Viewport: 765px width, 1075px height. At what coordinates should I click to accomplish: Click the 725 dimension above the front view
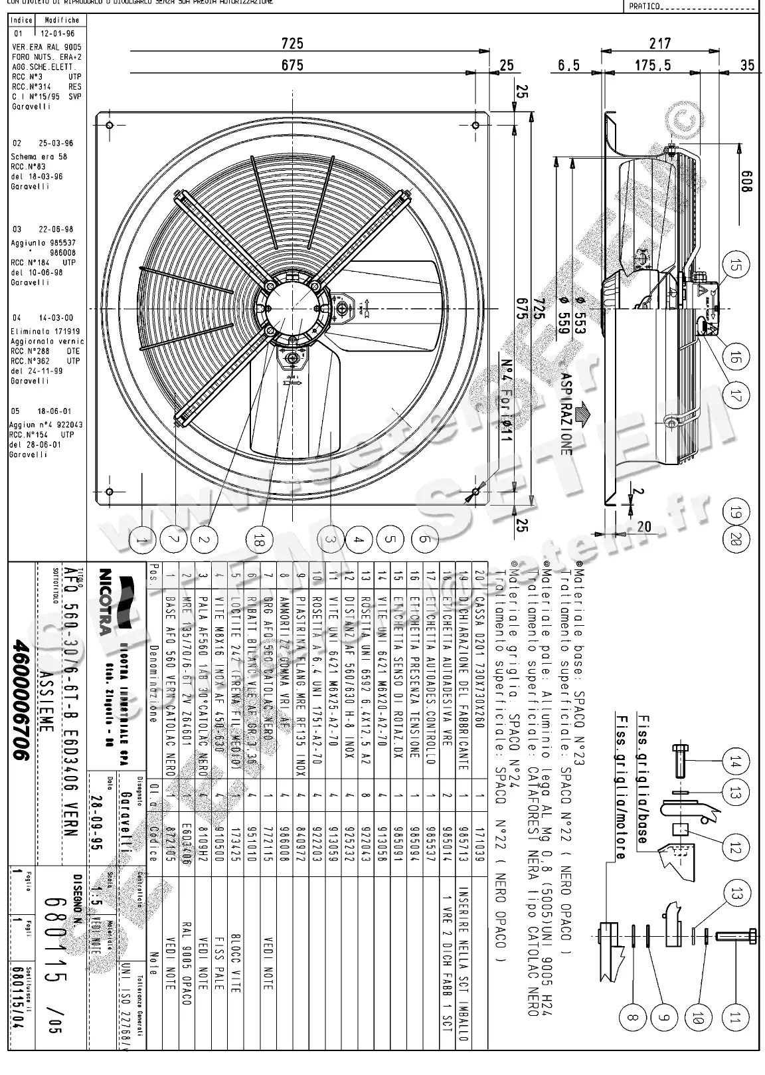click(292, 43)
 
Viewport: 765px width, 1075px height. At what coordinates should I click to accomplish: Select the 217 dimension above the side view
click(659, 43)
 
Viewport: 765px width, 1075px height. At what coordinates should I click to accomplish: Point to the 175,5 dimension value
click(652, 65)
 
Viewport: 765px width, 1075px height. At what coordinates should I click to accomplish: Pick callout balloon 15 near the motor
click(734, 266)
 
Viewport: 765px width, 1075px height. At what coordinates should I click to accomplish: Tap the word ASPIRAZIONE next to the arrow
click(565, 413)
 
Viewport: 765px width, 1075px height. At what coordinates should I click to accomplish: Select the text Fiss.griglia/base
click(641, 779)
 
